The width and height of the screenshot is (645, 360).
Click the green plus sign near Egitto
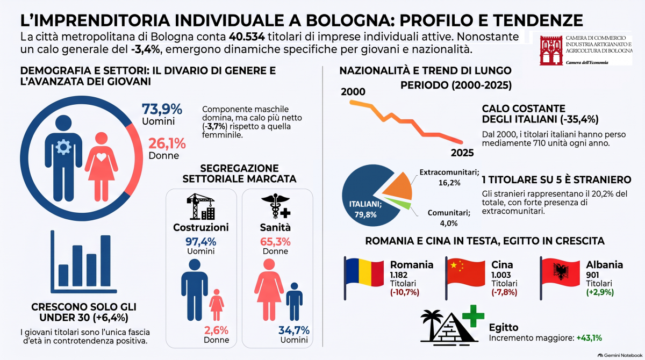coord(473,316)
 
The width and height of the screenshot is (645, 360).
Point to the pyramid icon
coord(454,329)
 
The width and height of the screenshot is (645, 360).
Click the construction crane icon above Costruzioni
coord(200,206)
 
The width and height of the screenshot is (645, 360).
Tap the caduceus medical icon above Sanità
coord(276,206)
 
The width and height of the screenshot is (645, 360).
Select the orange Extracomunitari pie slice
coord(398,187)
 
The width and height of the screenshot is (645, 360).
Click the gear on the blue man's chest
coord(63,147)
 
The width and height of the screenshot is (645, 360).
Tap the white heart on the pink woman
coord(101,157)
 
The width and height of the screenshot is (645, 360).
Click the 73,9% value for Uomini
coord(162,109)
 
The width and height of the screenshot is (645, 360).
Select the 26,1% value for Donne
coord(167,143)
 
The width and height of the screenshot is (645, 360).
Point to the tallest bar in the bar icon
coord(105,261)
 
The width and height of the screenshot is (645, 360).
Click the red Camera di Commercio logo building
coord(551,51)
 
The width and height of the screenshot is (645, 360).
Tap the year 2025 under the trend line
coord(462,153)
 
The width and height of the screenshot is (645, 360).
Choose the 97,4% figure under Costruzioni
coord(200,242)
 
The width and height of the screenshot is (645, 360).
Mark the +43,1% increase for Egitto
coord(589,338)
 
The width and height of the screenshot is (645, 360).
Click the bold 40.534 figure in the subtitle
coord(247,37)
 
